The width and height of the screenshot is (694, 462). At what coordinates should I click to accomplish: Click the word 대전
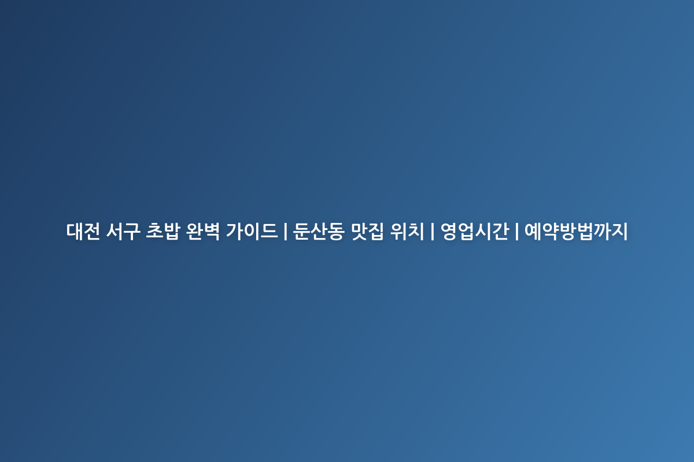click(x=83, y=231)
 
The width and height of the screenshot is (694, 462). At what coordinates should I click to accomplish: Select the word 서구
click(x=123, y=231)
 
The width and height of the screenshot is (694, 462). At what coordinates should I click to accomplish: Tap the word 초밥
click(x=163, y=231)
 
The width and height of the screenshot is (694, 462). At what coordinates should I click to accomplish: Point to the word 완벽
click(x=203, y=231)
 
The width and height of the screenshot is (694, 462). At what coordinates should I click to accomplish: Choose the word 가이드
click(x=252, y=231)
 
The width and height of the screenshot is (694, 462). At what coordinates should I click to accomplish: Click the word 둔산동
click(x=319, y=231)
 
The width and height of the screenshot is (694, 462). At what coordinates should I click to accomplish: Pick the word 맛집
click(x=367, y=231)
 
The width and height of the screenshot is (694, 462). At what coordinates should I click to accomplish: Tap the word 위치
click(x=407, y=231)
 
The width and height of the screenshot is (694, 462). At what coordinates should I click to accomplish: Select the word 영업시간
click(x=475, y=231)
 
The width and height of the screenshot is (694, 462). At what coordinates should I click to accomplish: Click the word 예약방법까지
click(x=576, y=231)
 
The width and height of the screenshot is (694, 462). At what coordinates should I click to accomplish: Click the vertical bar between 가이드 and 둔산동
click(x=285, y=231)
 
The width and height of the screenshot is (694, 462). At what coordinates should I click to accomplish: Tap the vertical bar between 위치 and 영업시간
click(x=433, y=231)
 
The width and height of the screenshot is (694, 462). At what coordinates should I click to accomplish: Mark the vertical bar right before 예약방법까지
click(x=517, y=231)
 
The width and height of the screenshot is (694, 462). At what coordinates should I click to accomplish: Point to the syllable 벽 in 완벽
click(x=212, y=231)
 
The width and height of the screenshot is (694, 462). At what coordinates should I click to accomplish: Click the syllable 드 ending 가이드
click(x=269, y=232)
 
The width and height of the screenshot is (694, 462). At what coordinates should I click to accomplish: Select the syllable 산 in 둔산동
click(x=319, y=231)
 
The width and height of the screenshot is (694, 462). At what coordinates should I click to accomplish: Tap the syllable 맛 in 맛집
click(x=359, y=231)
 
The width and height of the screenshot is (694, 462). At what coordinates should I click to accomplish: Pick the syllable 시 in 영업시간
click(x=483, y=231)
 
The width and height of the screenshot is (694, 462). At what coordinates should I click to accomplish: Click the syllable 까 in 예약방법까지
click(x=602, y=231)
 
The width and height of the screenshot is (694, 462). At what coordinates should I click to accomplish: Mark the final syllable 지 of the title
click(x=619, y=231)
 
